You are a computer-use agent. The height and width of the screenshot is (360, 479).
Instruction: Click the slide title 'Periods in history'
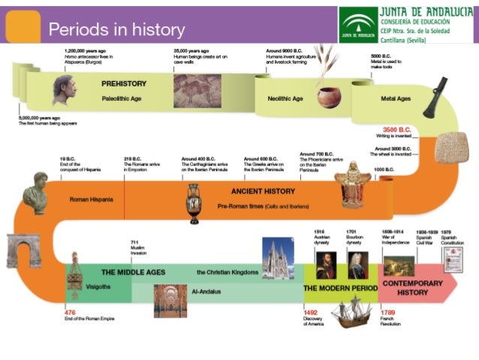116,30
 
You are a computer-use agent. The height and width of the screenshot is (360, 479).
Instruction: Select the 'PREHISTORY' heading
124,83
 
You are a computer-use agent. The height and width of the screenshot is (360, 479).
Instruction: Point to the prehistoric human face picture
64,90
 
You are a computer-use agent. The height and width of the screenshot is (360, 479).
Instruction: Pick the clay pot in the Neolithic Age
328,97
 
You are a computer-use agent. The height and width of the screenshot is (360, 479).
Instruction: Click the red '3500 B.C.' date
397,129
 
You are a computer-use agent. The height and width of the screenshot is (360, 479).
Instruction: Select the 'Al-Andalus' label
206,291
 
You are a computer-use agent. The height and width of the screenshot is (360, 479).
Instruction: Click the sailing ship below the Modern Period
351,311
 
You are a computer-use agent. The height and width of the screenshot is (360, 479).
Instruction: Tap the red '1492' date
310,313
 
